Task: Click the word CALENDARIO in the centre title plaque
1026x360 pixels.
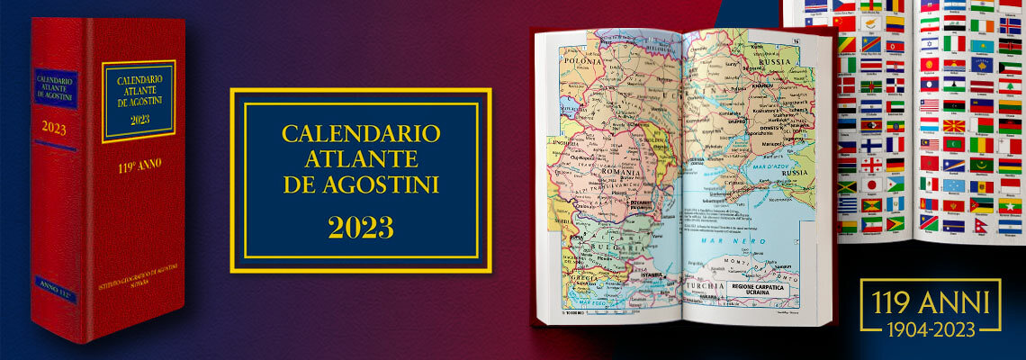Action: [361, 133]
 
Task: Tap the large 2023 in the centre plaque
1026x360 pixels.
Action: [360, 228]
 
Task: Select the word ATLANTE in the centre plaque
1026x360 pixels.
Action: [361, 159]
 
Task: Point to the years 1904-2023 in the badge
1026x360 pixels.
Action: [930, 328]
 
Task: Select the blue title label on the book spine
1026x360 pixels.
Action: [55, 88]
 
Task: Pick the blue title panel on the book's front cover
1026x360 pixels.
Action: [139, 101]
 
